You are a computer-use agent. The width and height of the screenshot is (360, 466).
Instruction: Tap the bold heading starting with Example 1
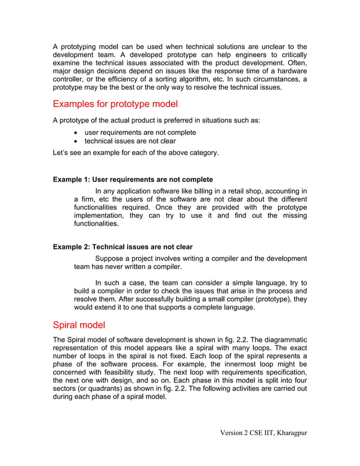tap(133, 179)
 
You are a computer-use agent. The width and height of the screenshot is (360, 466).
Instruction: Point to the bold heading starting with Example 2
tap(122, 247)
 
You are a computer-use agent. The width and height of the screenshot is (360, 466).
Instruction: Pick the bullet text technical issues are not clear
tap(130, 141)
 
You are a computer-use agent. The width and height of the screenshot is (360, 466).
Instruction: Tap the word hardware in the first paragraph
tap(291, 71)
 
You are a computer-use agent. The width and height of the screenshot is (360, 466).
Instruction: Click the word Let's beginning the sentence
tap(62, 153)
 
